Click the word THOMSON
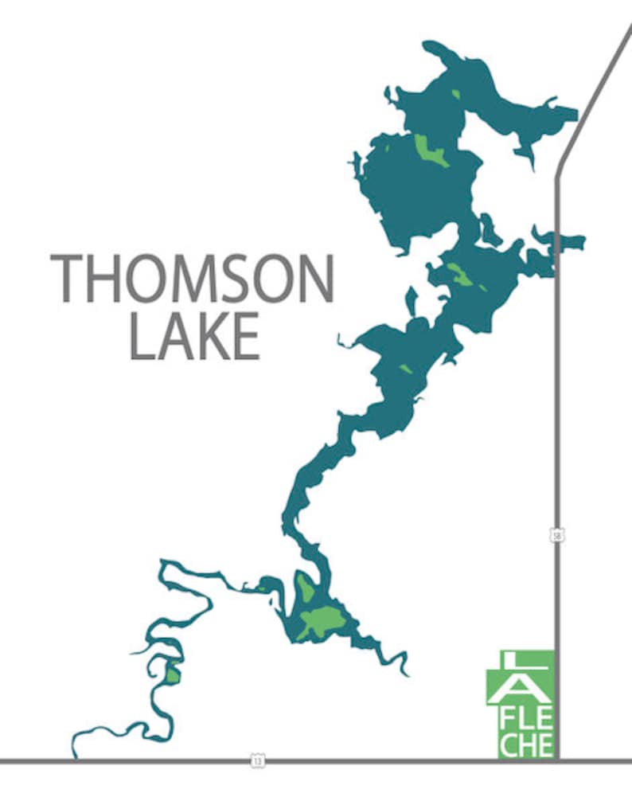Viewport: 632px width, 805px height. (x=192, y=278)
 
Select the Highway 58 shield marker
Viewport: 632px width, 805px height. (x=557, y=534)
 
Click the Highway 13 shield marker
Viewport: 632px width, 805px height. (x=257, y=761)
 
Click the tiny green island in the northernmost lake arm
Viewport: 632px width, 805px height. (x=456, y=95)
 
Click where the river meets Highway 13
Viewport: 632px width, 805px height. (x=76, y=756)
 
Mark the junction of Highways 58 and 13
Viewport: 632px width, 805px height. (x=558, y=761)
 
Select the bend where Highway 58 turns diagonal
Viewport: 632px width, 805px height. (x=558, y=171)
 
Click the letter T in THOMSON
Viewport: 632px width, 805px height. (x=66, y=278)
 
